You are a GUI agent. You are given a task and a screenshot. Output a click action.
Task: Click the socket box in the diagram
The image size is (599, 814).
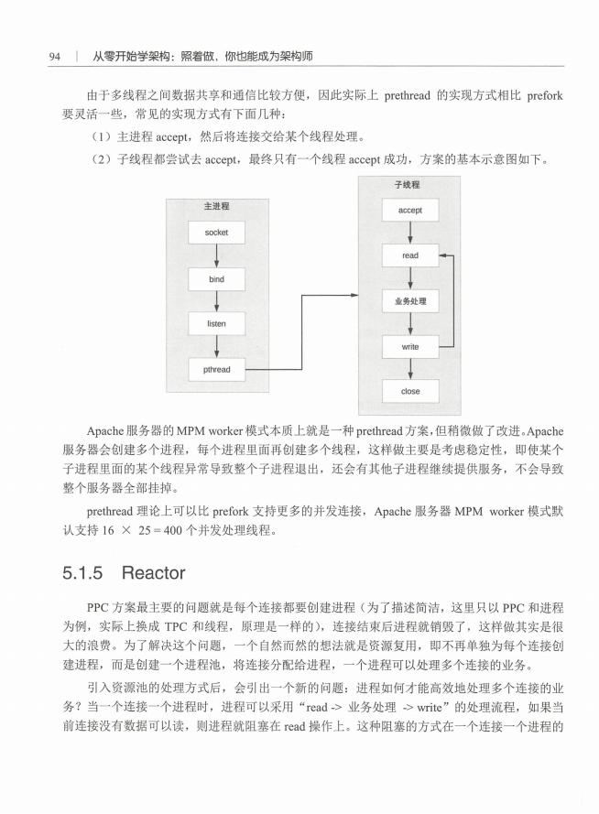tap(216, 233)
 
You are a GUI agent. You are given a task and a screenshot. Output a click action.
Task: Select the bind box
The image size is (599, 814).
tap(216, 279)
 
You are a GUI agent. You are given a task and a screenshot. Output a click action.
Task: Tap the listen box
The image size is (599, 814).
tap(216, 324)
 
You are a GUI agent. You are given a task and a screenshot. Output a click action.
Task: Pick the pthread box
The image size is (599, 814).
tap(216, 370)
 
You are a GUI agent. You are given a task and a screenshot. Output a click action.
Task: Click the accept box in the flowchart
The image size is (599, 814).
tap(410, 211)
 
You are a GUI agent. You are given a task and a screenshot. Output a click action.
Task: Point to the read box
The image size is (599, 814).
tap(410, 255)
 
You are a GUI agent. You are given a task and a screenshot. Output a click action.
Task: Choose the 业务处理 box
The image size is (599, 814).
tap(410, 301)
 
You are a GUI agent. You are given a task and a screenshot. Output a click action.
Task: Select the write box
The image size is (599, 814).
tap(410, 347)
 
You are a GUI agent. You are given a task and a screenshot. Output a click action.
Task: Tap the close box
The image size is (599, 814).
tap(410, 391)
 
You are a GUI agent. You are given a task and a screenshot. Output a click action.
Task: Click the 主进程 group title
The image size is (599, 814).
tap(216, 206)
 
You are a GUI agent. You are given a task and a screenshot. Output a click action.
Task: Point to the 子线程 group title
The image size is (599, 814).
tap(407, 184)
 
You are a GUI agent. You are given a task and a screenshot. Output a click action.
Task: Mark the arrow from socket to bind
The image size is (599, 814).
tap(216, 256)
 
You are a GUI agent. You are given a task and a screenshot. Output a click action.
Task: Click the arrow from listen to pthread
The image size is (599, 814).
tap(216, 347)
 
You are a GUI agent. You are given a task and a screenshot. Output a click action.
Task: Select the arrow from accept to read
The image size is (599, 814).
tap(410, 233)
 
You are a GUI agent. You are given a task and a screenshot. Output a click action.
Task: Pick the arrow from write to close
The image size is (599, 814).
tap(410, 369)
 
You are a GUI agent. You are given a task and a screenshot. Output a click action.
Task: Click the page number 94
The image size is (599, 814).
tap(55, 57)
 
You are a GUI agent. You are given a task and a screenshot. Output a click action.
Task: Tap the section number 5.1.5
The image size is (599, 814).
tap(82, 573)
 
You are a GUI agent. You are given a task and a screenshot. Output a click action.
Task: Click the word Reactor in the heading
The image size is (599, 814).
tap(153, 573)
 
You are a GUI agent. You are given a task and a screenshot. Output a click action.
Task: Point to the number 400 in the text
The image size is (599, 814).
tap(173, 530)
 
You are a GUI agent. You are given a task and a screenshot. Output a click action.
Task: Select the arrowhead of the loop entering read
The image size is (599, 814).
tap(442, 255)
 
